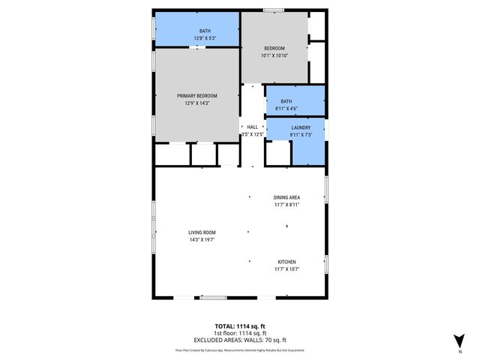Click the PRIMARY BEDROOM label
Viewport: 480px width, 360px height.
[x=197, y=96]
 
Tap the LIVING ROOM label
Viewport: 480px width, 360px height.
[x=202, y=232]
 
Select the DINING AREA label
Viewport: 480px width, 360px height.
[x=286, y=198]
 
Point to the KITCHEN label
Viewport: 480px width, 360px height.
[x=286, y=261]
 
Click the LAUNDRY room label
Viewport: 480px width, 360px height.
[x=290, y=128]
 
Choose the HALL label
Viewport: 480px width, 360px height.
[x=253, y=127]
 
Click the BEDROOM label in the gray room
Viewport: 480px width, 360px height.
[x=274, y=48]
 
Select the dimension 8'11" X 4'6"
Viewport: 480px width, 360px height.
[x=286, y=108]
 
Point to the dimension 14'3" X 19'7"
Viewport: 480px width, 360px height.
[x=202, y=240]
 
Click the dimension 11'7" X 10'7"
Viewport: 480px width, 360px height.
[x=286, y=268]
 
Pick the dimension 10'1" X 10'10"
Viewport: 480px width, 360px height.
[x=274, y=55]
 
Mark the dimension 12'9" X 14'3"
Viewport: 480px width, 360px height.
[x=197, y=103]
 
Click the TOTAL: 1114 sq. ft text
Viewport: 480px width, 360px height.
[x=240, y=326]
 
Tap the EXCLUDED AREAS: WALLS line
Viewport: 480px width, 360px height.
[x=240, y=340]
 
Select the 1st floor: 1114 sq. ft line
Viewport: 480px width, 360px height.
[x=240, y=333]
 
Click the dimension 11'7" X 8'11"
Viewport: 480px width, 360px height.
[x=286, y=205]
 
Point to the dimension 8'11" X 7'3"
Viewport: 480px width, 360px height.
[x=290, y=135]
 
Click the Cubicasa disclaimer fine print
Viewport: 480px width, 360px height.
[x=240, y=350]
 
